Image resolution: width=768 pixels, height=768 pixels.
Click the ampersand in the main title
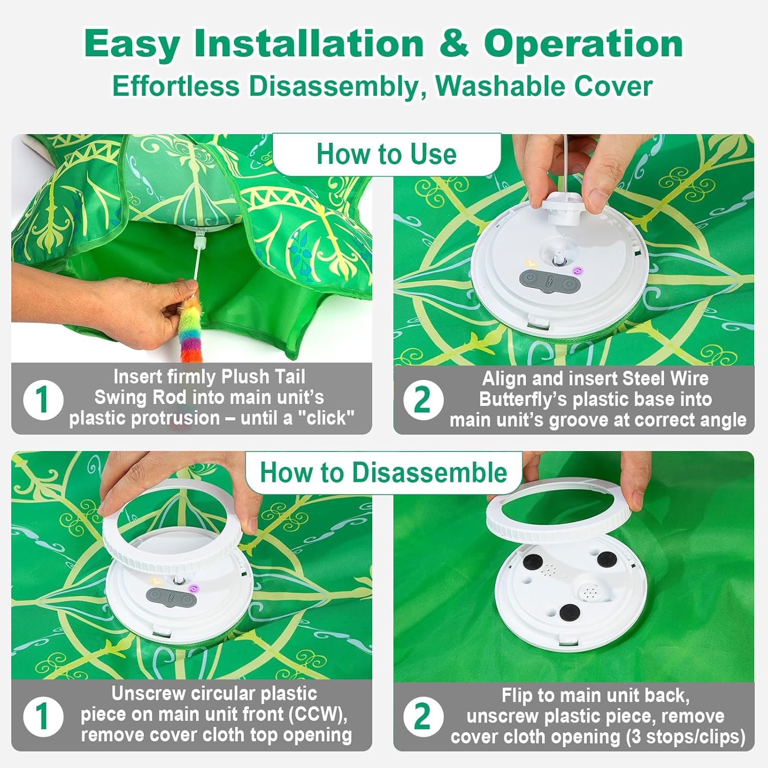coord(454,44)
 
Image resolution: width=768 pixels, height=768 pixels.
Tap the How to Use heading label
coord(387,154)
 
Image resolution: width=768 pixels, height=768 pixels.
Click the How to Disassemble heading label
coord(383,472)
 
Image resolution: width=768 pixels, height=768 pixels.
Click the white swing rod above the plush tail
coord(197,256)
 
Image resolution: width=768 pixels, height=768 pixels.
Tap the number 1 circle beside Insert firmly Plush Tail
coord(43,399)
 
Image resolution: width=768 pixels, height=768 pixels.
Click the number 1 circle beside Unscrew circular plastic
coord(43,716)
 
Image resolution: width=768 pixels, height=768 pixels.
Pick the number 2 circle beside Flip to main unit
coord(423,716)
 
